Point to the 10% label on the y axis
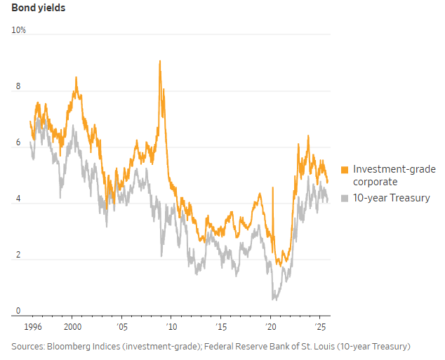click(19, 30)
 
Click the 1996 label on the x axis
click(32, 327)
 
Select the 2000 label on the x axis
click(71, 327)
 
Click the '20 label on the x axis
click(270, 327)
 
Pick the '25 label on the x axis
click(319, 327)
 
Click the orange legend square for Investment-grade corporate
click(345, 170)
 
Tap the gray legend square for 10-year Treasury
click(345, 199)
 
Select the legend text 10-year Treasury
click(391, 199)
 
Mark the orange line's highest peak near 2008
click(160, 61)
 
